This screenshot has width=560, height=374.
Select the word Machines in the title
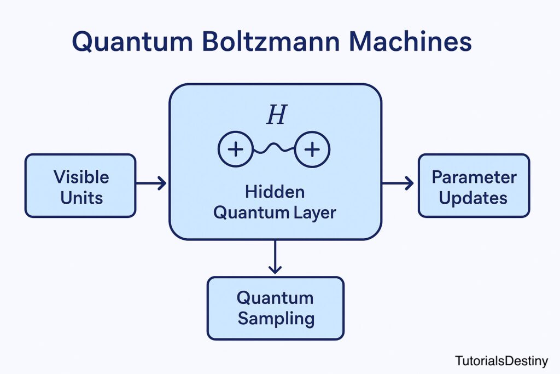412,42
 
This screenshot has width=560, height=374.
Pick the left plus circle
235,149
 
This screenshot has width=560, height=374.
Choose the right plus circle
312,149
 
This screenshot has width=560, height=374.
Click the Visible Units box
80,186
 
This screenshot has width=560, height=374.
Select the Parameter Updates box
474,186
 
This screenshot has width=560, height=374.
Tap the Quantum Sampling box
275,308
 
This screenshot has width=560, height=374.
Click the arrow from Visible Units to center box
151,183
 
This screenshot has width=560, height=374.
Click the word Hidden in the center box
275,192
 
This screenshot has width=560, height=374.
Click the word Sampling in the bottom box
276,318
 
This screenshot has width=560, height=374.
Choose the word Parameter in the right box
474,177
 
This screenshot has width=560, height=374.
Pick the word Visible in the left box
81,177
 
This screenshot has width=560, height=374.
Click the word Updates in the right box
474,198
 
